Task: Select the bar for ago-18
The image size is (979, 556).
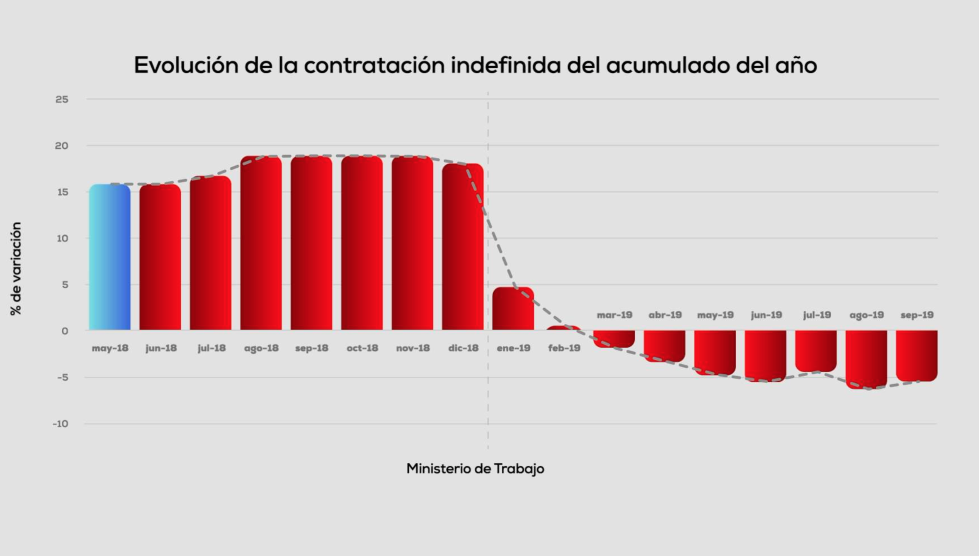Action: (261, 243)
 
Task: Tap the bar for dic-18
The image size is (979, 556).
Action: (463, 247)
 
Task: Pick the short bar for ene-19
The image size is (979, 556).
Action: (513, 309)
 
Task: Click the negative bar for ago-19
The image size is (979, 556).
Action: (866, 359)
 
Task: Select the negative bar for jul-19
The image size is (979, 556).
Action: (816, 351)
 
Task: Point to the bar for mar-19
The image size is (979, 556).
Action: (614, 339)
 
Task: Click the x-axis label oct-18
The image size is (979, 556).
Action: (362, 348)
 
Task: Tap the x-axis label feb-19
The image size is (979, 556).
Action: (564, 348)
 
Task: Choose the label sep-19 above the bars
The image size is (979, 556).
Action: (917, 315)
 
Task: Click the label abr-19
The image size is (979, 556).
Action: (665, 315)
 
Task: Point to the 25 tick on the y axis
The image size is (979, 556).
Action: (62, 99)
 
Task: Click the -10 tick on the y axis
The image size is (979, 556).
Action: (60, 424)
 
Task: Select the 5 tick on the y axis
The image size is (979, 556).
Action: (65, 285)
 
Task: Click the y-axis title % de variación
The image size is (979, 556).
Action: (16, 269)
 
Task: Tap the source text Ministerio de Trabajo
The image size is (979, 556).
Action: (475, 468)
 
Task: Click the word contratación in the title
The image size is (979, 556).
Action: (374, 65)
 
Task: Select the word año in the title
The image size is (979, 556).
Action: (796, 65)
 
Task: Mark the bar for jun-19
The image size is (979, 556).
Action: (765, 356)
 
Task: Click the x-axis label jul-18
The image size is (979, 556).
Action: (212, 348)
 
